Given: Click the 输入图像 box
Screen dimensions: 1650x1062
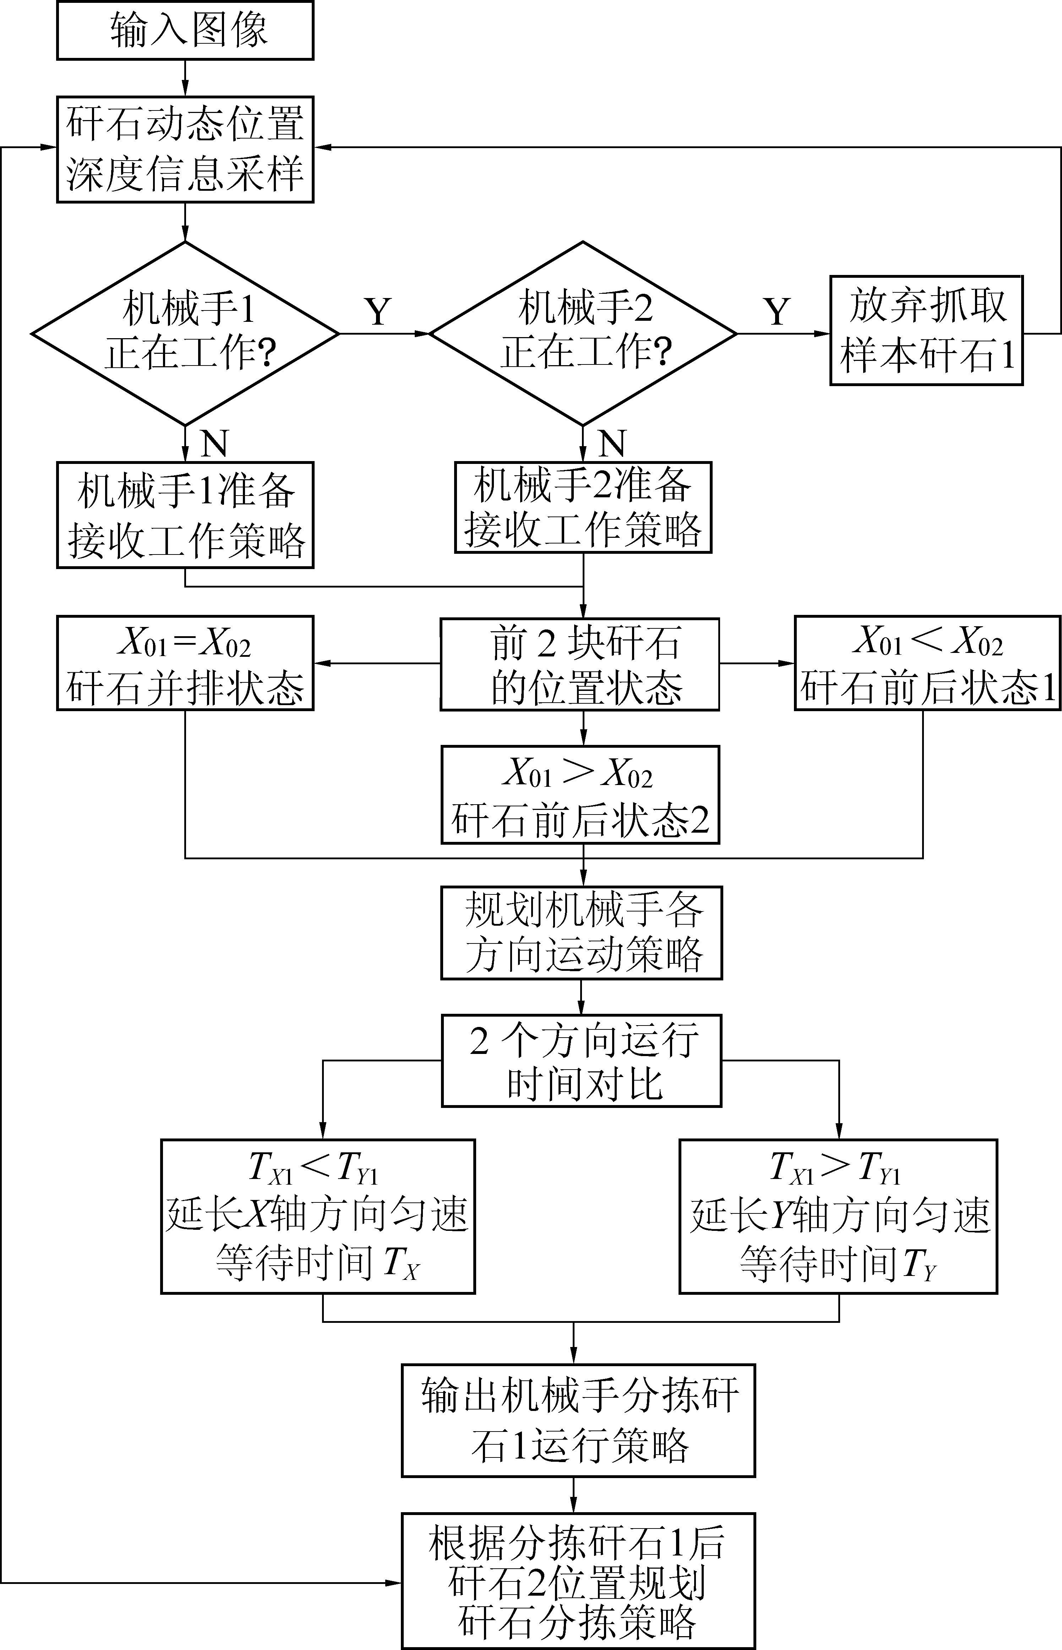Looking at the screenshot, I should coord(185,30).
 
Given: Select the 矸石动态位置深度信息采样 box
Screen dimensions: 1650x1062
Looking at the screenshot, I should coord(185,149).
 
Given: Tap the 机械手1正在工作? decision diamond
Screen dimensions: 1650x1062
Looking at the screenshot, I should coord(185,333).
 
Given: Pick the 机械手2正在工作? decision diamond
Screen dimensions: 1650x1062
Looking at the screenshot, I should coord(583,333).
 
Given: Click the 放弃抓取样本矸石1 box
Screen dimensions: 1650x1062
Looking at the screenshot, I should coord(926,330).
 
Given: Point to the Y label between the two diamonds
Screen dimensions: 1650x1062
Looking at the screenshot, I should coord(378,312).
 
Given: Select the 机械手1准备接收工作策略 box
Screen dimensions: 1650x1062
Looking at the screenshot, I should coord(185,515).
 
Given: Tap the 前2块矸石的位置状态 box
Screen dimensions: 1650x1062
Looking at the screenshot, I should coord(580,664).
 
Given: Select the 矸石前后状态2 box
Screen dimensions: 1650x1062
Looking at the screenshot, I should coord(580,795).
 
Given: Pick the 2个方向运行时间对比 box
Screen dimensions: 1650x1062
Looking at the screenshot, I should coord(581,1061).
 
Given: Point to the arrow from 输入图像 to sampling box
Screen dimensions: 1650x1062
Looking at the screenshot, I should coord(185,78).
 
